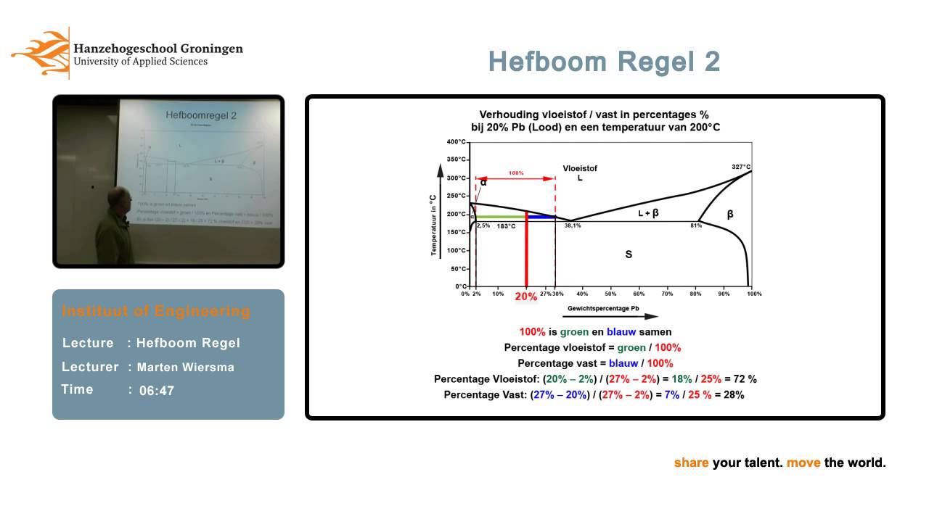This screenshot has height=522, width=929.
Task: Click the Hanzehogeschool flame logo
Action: tap(40, 52)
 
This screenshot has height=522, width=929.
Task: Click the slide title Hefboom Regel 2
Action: tap(604, 62)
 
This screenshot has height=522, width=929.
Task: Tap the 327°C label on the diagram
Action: tap(740, 167)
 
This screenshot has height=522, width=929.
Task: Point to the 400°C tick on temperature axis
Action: tap(457, 142)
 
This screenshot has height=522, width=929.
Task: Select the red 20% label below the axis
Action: tap(526, 297)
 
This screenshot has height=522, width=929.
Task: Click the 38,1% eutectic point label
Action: tap(573, 225)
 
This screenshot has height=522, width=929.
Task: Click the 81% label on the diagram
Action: tap(695, 225)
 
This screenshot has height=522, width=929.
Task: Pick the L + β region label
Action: tap(648, 212)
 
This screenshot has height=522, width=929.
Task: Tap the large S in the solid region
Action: tap(629, 254)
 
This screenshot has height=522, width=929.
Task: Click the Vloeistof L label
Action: tap(580, 173)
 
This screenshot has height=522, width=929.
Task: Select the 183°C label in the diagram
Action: tap(506, 226)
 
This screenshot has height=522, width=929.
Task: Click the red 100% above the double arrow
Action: tap(515, 173)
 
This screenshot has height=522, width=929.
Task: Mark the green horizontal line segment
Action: tap(500, 217)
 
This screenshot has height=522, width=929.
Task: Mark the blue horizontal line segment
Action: tap(541, 217)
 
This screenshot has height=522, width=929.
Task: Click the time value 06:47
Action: tap(157, 391)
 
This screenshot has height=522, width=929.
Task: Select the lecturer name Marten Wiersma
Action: tap(185, 367)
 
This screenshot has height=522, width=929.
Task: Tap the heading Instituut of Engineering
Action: tap(155, 311)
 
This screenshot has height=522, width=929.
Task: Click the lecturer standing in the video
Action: tap(115, 225)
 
